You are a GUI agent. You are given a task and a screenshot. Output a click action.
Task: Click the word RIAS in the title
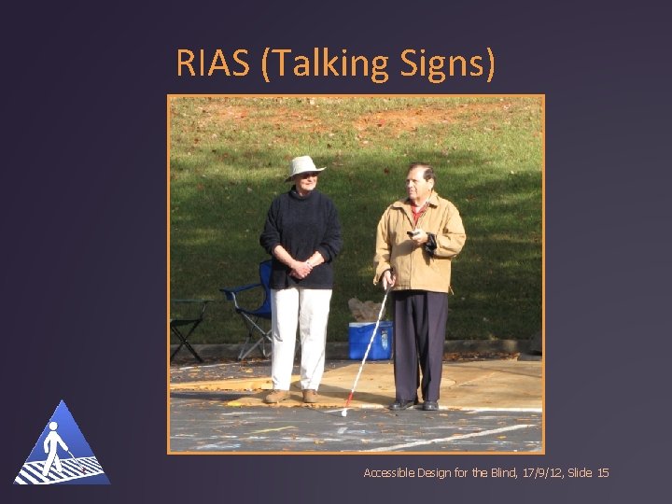click(214, 63)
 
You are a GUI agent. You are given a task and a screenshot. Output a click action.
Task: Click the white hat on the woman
click(304, 166)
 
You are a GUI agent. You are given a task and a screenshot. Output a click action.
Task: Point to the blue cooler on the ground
click(370, 339)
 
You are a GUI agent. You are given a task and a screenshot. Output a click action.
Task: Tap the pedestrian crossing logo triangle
click(62, 446)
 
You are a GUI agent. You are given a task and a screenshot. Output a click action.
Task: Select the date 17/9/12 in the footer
click(536, 473)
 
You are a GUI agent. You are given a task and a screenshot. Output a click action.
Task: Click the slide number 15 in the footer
click(602, 473)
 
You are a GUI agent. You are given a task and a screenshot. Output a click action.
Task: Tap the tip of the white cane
click(344, 412)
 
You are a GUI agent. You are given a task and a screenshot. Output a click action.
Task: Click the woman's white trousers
click(299, 336)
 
